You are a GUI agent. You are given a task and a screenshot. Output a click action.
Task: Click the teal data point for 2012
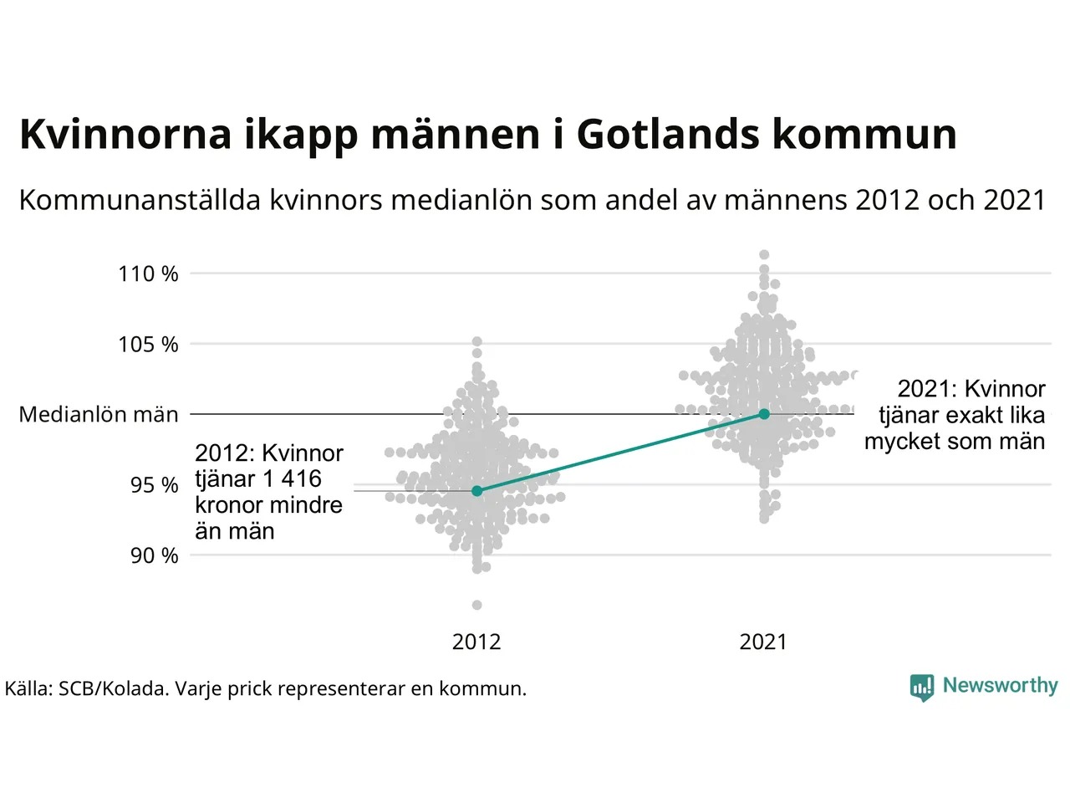point(477,491)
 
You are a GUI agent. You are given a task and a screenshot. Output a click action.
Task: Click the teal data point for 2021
point(764,414)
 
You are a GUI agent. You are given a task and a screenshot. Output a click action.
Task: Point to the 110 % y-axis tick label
point(148,274)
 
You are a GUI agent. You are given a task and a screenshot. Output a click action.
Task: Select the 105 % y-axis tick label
point(148,344)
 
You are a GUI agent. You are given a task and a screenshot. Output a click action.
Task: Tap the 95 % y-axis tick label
point(154,485)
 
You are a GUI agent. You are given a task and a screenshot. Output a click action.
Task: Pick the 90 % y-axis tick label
point(154,555)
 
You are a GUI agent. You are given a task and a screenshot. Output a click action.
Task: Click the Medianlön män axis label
point(99,415)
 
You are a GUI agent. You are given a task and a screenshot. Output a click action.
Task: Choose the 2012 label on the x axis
point(476,642)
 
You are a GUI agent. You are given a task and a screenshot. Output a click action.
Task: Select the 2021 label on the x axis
point(763,642)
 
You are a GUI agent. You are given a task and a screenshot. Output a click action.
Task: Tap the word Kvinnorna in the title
point(125,134)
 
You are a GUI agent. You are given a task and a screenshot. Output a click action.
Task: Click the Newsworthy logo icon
point(921,687)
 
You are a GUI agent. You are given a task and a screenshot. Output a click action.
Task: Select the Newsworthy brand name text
point(1000,685)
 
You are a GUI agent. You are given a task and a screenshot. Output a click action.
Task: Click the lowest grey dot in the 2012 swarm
point(477,605)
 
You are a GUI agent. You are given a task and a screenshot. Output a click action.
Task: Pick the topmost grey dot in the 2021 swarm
point(764,254)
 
